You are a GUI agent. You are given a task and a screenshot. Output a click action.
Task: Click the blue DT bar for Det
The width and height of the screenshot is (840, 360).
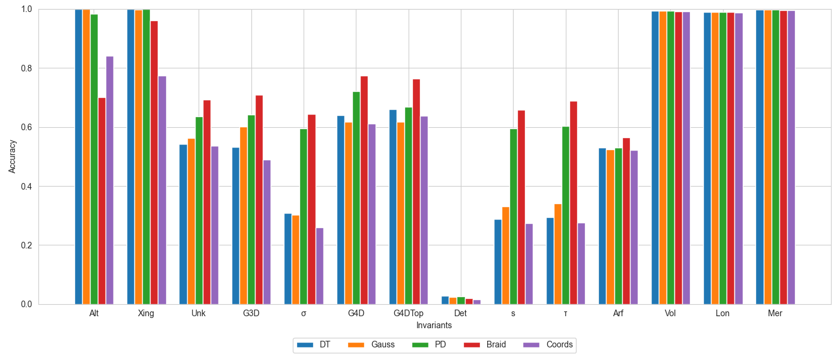pyautogui.click(x=445, y=301)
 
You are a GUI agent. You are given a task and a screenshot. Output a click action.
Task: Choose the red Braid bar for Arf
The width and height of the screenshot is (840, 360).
pyautogui.click(x=626, y=221)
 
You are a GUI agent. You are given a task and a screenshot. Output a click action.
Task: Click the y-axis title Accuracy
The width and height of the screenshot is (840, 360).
pyautogui.click(x=13, y=157)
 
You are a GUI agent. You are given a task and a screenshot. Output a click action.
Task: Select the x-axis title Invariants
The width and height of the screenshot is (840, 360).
pyautogui.click(x=434, y=325)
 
